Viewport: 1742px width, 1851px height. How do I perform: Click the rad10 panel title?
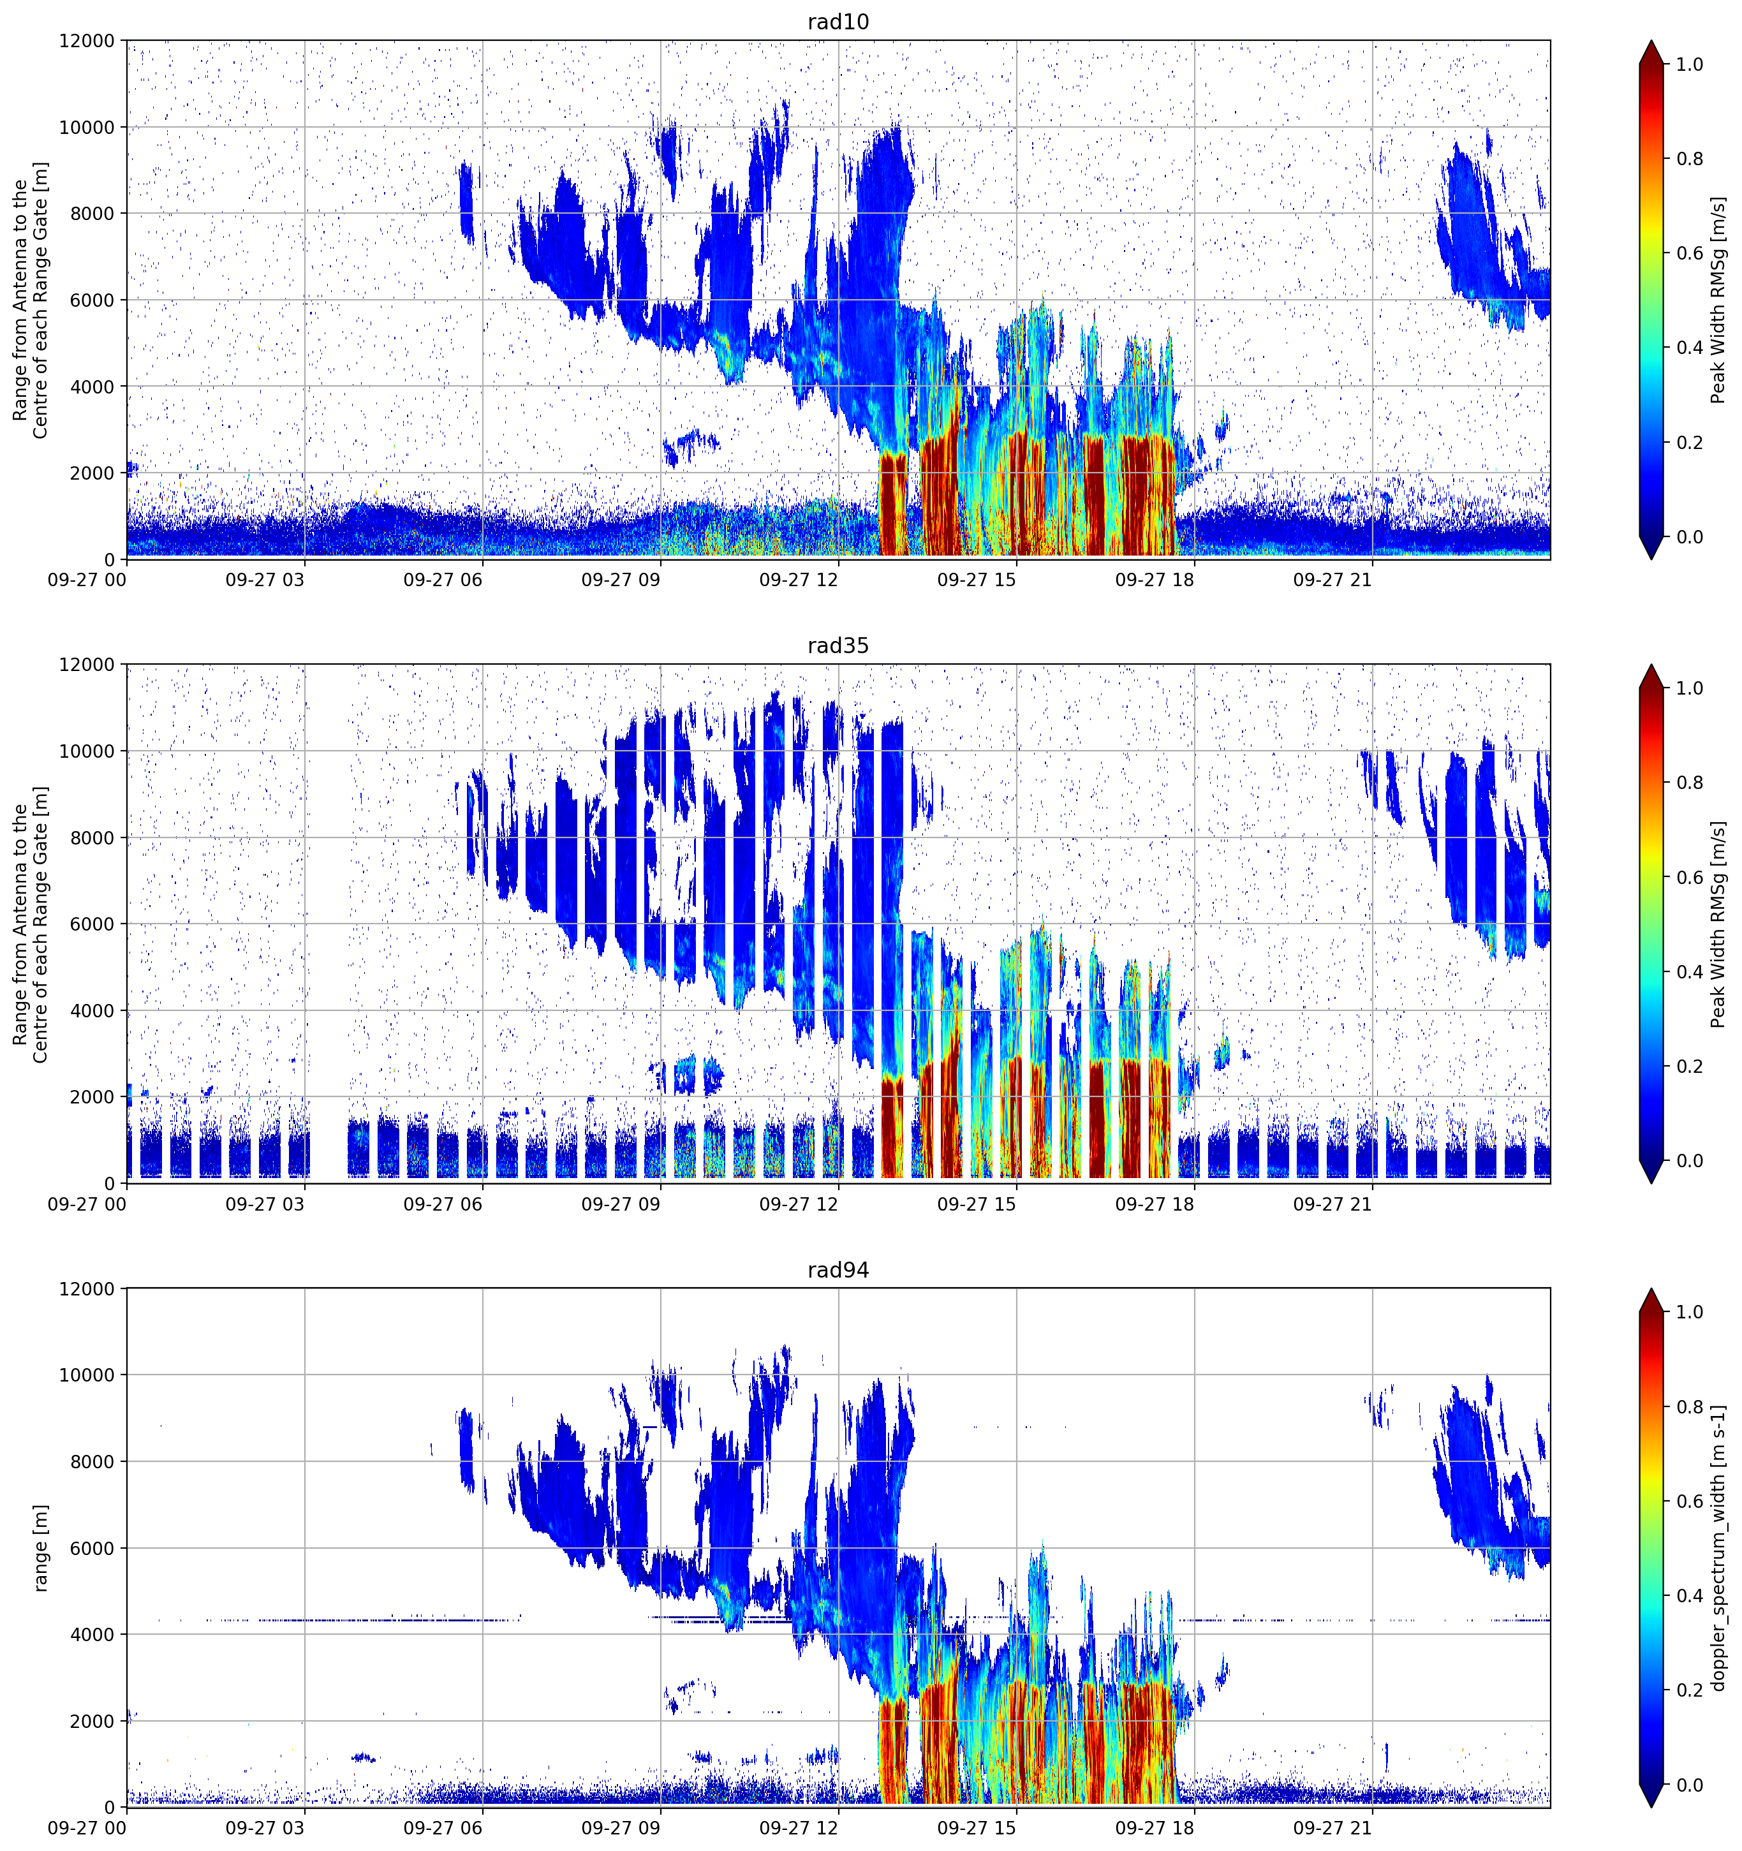[x=838, y=22]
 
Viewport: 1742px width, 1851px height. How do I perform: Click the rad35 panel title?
[x=838, y=645]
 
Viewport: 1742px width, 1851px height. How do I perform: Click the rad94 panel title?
[x=838, y=1270]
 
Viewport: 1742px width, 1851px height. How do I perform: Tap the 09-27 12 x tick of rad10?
[x=799, y=580]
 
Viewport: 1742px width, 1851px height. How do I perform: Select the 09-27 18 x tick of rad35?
[x=1155, y=1204]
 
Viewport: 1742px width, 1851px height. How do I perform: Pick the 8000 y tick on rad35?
[x=92, y=838]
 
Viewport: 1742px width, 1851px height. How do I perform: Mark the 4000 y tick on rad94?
[x=92, y=1635]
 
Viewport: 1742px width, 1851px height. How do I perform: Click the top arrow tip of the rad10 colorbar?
[x=1651, y=41]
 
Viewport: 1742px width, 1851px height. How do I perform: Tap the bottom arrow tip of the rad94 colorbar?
[x=1651, y=1807]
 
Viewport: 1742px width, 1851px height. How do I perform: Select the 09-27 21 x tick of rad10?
[x=1332, y=580]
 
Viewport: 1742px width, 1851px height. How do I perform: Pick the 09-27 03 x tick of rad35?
[x=265, y=1204]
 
